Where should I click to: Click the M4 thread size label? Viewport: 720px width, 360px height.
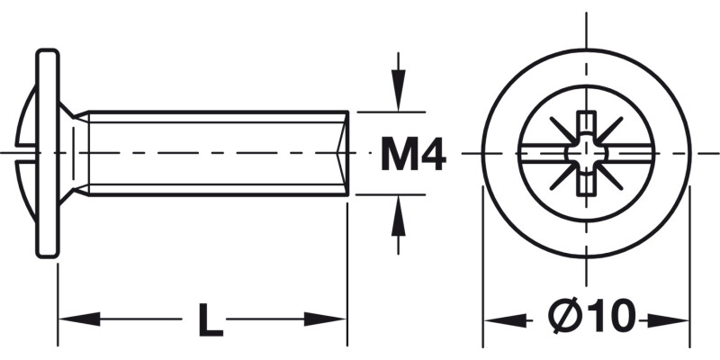413,154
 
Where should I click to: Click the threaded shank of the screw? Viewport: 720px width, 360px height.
216,152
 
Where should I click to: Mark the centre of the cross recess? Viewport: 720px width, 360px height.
586,153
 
